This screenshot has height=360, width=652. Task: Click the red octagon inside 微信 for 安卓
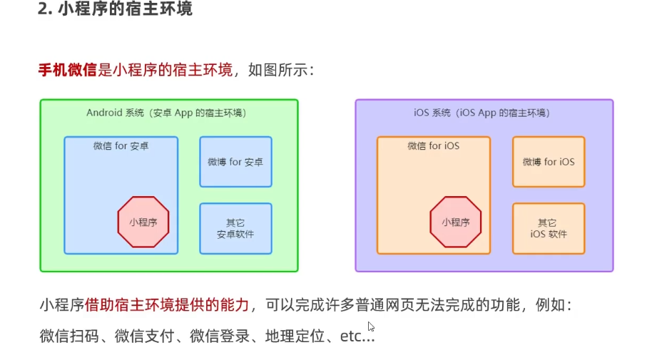coord(143,222)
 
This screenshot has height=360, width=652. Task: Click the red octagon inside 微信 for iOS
coord(455,222)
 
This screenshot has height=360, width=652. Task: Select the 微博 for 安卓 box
coord(235,162)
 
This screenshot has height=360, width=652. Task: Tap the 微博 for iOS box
coord(548,162)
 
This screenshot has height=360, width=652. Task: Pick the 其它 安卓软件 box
coord(235,228)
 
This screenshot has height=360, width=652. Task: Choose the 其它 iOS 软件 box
coord(548,228)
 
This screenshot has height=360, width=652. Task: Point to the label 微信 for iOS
coord(433,146)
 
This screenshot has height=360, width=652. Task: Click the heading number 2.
coord(42,11)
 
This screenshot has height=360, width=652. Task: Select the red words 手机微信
coord(67,70)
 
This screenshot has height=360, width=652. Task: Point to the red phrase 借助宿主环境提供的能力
coord(167,305)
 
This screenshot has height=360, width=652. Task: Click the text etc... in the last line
coord(356,336)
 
